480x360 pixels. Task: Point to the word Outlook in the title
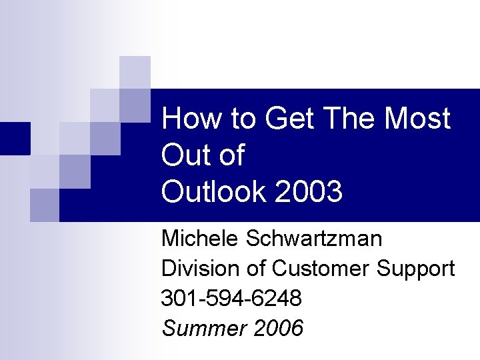point(213,193)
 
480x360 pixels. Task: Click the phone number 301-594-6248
point(231,299)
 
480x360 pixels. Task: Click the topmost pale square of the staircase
point(135,72)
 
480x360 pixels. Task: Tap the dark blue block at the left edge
point(15,139)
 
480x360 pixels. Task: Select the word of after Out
point(231,156)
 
